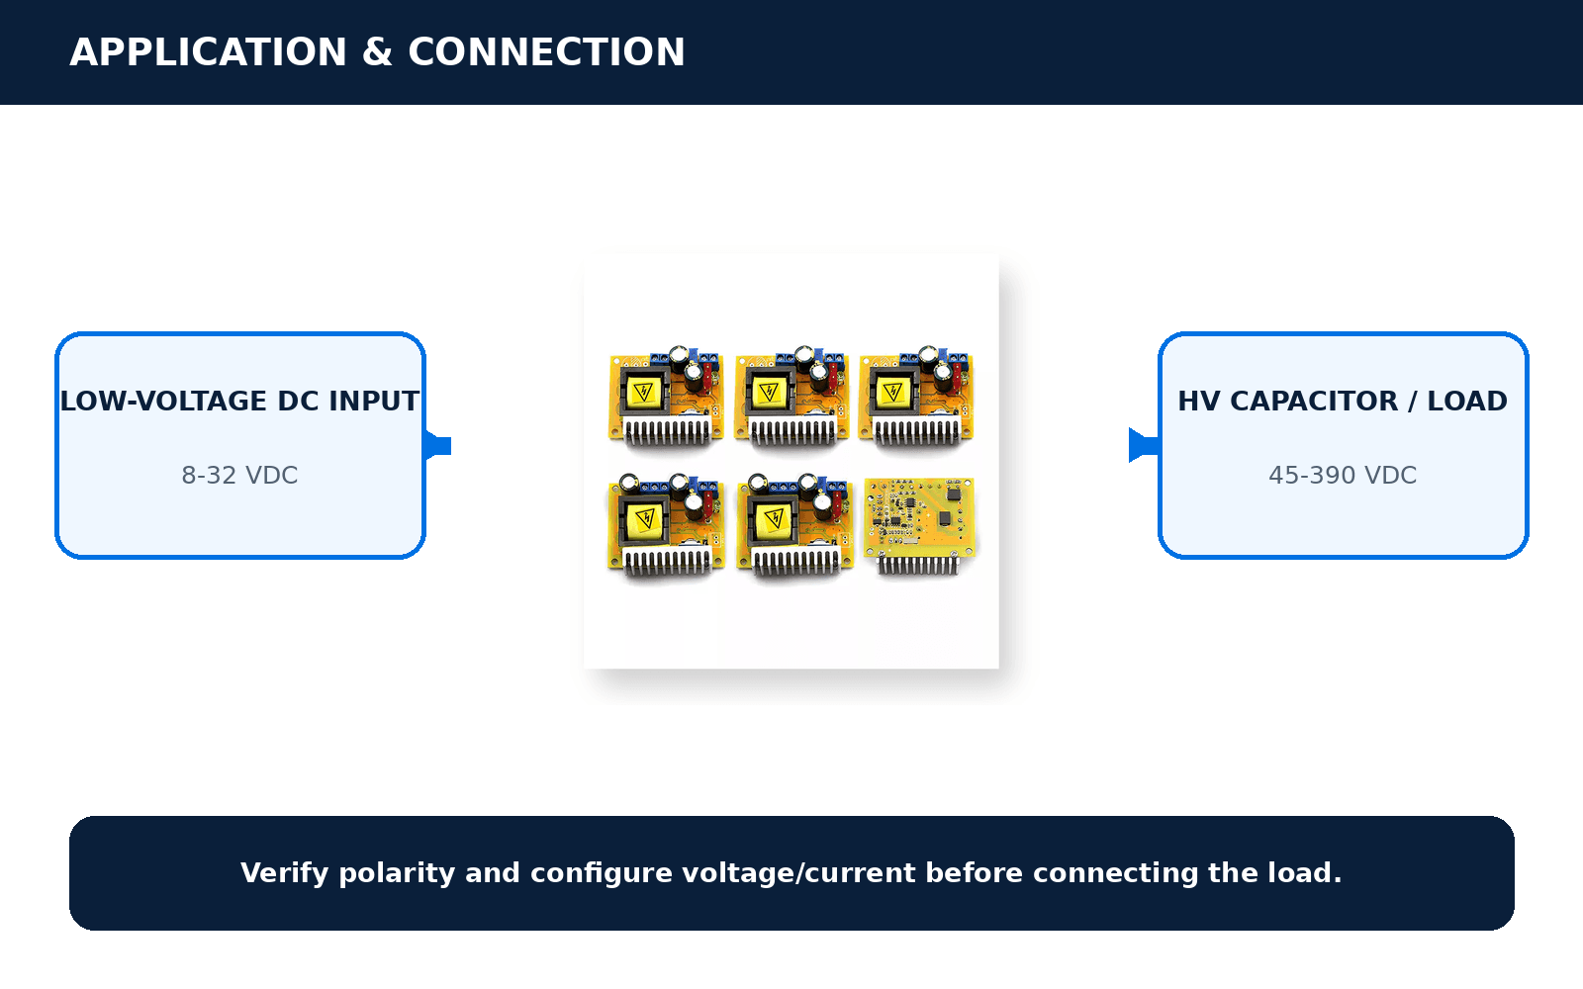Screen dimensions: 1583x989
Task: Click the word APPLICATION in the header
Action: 208,52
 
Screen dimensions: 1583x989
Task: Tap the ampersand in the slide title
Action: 377,52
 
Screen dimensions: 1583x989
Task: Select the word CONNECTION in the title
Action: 546,52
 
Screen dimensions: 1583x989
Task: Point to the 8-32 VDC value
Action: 239,476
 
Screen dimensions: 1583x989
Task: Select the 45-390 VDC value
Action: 1343,476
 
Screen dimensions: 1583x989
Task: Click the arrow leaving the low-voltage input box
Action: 437,446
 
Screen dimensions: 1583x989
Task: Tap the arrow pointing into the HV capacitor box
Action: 1144,445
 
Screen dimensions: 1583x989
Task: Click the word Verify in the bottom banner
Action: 284,873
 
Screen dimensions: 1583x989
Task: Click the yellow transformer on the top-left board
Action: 644,392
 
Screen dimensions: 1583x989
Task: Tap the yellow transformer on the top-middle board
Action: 769,392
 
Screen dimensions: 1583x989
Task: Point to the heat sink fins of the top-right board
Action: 917,430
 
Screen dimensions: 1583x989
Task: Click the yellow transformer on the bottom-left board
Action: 645,520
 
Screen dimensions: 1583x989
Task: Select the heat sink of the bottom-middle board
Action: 795,562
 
